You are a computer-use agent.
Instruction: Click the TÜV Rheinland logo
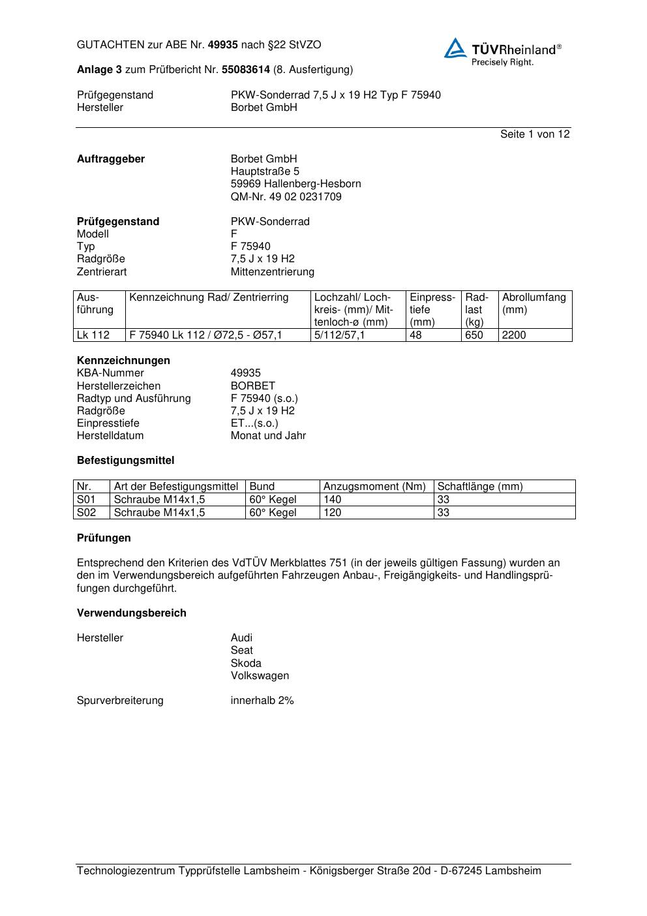click(x=502, y=52)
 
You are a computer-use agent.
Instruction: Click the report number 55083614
click(x=246, y=69)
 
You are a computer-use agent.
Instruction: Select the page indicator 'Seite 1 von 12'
click(x=535, y=134)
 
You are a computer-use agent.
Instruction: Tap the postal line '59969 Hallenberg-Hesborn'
click(x=295, y=184)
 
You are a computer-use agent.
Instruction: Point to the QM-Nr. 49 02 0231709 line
click(x=286, y=196)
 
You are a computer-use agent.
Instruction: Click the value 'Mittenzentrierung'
click(x=272, y=271)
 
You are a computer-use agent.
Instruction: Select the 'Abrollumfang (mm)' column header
click(x=534, y=303)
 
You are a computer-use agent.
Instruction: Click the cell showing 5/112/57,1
click(x=340, y=335)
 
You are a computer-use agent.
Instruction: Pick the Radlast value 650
click(x=474, y=335)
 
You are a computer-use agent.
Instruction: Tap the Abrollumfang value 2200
click(x=514, y=335)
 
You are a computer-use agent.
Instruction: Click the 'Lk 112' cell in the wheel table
click(x=93, y=335)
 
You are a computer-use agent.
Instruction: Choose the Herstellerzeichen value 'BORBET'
click(x=253, y=386)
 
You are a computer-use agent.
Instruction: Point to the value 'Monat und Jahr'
click(x=268, y=435)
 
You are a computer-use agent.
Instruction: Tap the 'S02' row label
click(x=86, y=512)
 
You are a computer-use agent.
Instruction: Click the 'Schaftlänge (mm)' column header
click(x=480, y=486)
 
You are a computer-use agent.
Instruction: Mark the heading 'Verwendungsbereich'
click(x=132, y=613)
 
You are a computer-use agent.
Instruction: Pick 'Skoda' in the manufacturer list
click(x=246, y=663)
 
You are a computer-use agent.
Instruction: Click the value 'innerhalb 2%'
click(x=262, y=700)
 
